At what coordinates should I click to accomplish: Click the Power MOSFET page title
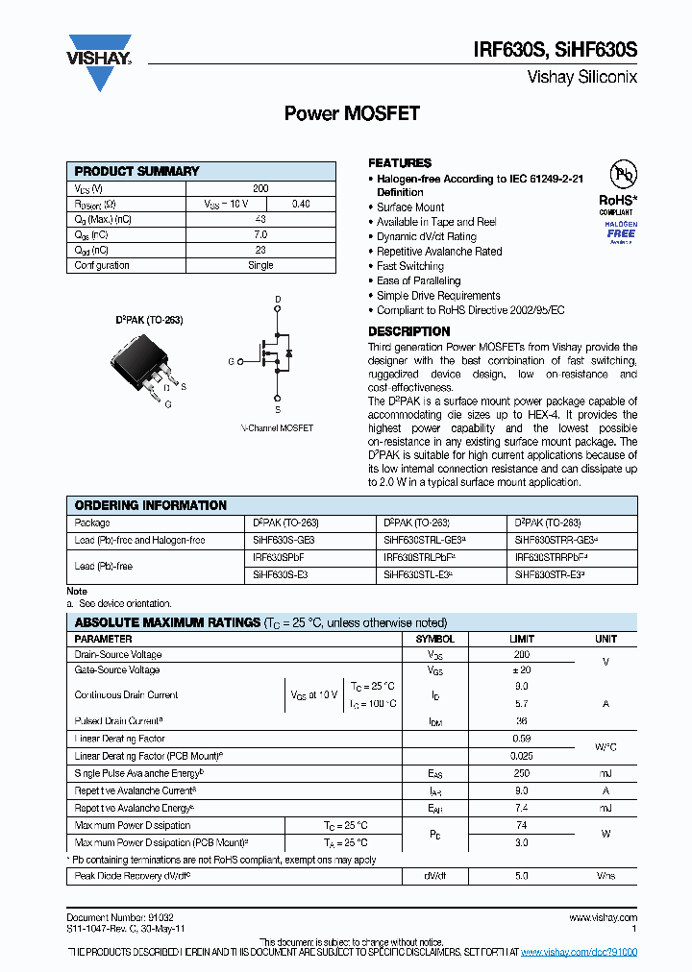[x=352, y=113]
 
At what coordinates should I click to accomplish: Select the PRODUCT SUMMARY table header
[x=136, y=171]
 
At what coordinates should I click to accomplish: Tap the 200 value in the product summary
[x=260, y=189]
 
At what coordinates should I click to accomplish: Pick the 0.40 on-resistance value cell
[x=301, y=204]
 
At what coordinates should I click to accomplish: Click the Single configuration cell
[x=260, y=265]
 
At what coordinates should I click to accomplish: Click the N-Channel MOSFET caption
[x=277, y=427]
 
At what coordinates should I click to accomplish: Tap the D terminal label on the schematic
[x=278, y=301]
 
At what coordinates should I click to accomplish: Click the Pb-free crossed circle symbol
[x=625, y=175]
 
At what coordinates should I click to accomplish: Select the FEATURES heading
[x=400, y=163]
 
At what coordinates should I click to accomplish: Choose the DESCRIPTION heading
[x=408, y=331]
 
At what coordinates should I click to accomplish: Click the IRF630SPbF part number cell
[x=278, y=557]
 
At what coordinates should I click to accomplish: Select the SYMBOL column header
[x=434, y=639]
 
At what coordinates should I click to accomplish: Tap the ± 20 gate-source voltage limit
[x=522, y=670]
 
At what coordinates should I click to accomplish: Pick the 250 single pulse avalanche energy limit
[x=522, y=773]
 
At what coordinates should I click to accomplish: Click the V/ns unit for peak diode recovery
[x=605, y=877]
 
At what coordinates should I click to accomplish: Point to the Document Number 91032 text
[x=120, y=917]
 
